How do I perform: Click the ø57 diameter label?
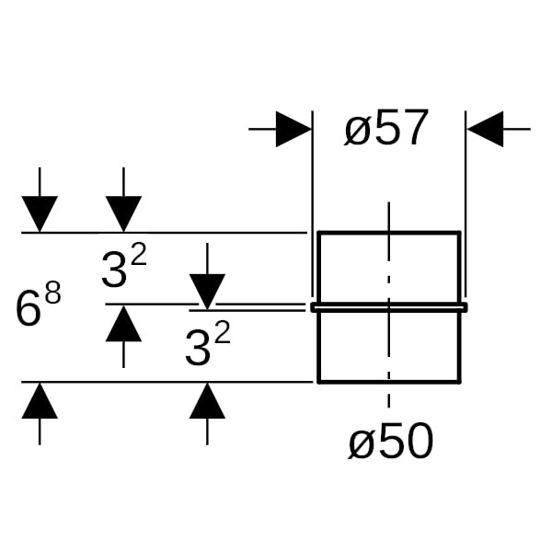pyautogui.click(x=387, y=130)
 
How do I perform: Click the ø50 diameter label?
pyautogui.click(x=390, y=443)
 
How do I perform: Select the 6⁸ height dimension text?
pyautogui.click(x=38, y=306)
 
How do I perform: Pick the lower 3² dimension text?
pyautogui.click(x=207, y=347)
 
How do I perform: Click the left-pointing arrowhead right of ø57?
pyautogui.click(x=485, y=130)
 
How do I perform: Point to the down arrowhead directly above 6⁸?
pyautogui.click(x=40, y=214)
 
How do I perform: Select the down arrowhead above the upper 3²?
pyautogui.click(x=123, y=214)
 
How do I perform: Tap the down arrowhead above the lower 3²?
pyautogui.click(x=207, y=291)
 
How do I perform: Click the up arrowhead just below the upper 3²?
pyautogui.click(x=123, y=324)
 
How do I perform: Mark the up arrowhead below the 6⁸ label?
pyautogui.click(x=40, y=401)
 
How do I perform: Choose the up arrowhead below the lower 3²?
pyautogui.click(x=207, y=401)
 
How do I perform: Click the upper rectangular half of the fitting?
pyautogui.click(x=389, y=267)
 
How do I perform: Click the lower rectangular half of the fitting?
pyautogui.click(x=389, y=346)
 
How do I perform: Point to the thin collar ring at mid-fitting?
pyautogui.click(x=389, y=307)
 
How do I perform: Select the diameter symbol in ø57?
pyautogui.click(x=359, y=132)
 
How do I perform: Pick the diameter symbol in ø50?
pyautogui.click(x=362, y=444)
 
